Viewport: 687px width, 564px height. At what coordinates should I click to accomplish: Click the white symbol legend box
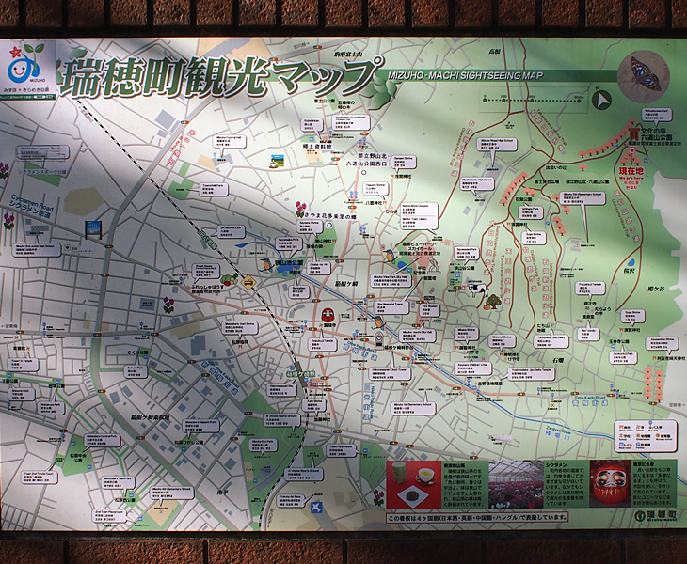[x=646, y=434]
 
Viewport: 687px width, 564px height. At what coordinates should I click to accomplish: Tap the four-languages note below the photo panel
[x=477, y=516]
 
